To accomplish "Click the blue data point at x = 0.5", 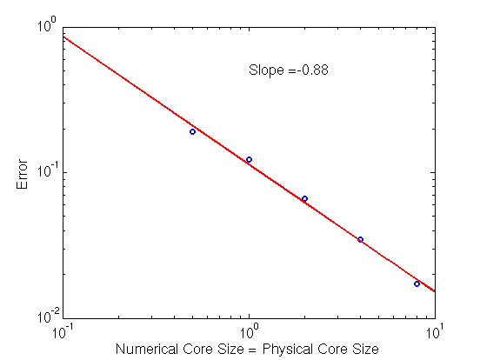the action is [x=192, y=132].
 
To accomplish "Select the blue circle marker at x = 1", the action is [x=250, y=159].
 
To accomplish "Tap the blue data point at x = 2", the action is [x=304, y=198].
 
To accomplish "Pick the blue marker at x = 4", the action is [x=360, y=239].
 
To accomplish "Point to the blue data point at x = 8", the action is [x=417, y=284].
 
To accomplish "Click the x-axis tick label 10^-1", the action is [x=63, y=331].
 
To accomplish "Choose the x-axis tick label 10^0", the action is [x=250, y=331].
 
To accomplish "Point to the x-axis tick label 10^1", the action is [x=435, y=331].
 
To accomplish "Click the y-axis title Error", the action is [x=22, y=174].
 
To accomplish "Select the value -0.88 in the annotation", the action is [x=312, y=70].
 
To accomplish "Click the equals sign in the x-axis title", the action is [x=252, y=350].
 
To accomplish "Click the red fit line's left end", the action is [x=63, y=37].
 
